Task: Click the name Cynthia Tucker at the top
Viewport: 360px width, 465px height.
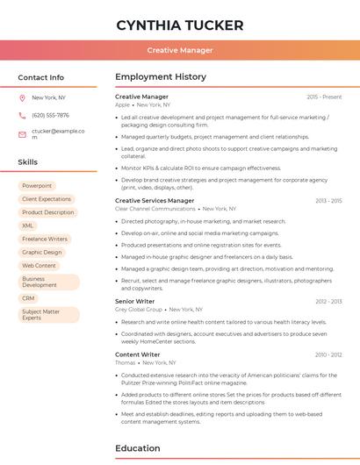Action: click(x=180, y=25)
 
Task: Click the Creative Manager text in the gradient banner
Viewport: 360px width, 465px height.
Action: click(x=180, y=51)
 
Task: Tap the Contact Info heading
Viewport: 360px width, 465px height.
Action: click(x=41, y=77)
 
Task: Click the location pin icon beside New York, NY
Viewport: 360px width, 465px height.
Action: click(x=22, y=97)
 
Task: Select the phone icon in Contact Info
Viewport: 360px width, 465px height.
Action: click(x=22, y=115)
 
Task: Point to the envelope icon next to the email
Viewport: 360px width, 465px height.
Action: click(x=22, y=133)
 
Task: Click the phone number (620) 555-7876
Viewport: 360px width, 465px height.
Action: click(x=50, y=115)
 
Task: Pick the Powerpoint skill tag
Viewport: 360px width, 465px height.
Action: click(x=37, y=186)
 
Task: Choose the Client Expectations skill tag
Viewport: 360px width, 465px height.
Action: click(x=47, y=199)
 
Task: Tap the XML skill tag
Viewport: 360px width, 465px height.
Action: click(x=28, y=225)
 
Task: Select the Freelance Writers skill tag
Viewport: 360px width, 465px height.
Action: click(x=45, y=239)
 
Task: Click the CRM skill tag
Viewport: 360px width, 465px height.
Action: click(x=29, y=298)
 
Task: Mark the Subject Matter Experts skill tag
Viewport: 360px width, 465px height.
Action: click(x=41, y=314)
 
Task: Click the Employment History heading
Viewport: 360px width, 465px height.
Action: click(x=161, y=77)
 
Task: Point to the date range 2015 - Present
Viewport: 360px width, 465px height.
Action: click(x=324, y=97)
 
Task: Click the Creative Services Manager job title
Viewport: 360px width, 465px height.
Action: click(x=155, y=201)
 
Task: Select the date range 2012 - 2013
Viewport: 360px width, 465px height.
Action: click(x=328, y=301)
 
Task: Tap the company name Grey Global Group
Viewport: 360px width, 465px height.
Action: click(x=139, y=310)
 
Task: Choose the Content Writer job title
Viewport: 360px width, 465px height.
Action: click(x=137, y=354)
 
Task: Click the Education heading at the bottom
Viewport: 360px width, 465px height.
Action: click(x=139, y=448)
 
